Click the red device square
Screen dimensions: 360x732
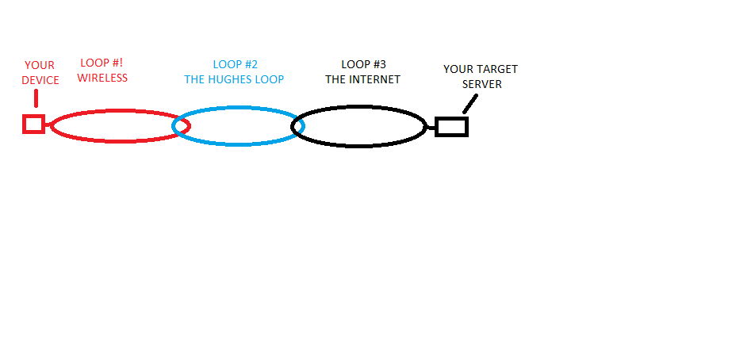coord(33,124)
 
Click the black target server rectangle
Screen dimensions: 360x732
coord(451,126)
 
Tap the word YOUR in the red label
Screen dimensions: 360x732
coord(40,66)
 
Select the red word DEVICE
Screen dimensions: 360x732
coord(40,80)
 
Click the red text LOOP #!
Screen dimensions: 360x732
coord(102,63)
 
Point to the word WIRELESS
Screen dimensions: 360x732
coord(102,78)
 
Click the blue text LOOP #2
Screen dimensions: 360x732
coord(236,65)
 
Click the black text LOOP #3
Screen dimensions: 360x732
coord(363,64)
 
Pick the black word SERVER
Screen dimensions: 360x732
coord(482,84)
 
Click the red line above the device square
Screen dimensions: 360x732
coord(36,99)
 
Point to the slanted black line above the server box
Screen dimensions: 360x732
coord(470,103)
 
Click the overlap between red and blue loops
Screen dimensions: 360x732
coord(182,125)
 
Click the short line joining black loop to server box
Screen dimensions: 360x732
coord(431,127)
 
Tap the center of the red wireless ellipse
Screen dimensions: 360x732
coord(117,126)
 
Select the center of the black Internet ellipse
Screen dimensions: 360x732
coord(359,126)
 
